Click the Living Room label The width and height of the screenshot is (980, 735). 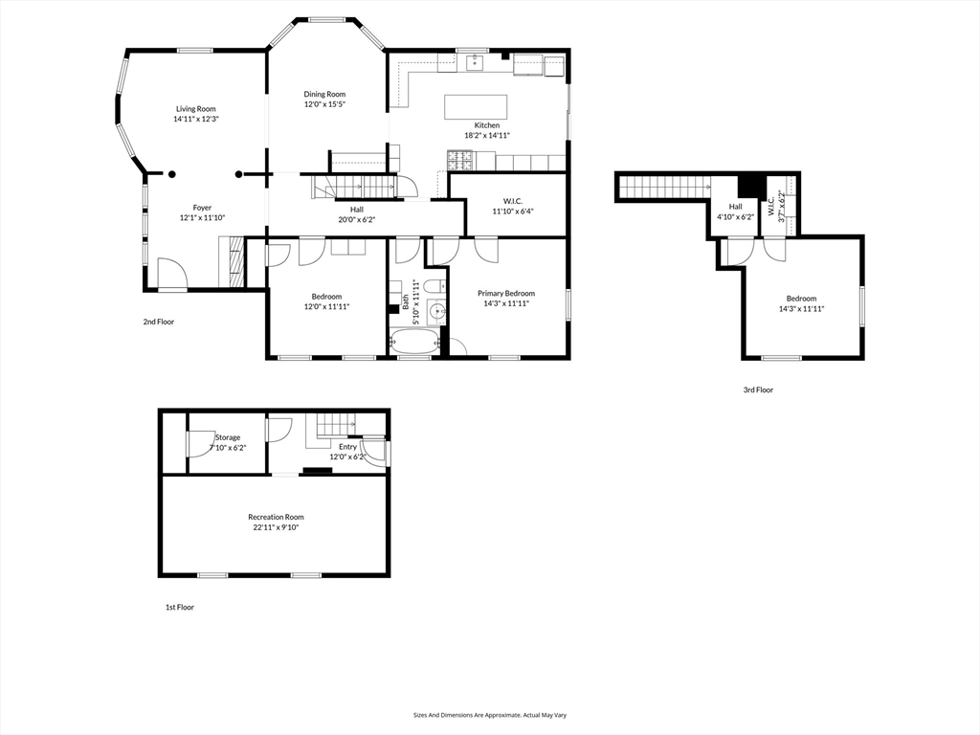[195, 109]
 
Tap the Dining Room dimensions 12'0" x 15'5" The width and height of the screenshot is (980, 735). [325, 104]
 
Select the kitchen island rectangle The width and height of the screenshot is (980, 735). [476, 107]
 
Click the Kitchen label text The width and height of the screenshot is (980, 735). [487, 125]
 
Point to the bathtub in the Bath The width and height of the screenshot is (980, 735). [414, 342]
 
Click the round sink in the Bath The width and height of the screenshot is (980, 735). [436, 310]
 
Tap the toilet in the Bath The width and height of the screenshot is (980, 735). [434, 286]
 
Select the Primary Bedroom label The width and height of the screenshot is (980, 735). [506, 293]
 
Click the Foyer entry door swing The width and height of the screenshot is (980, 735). [172, 273]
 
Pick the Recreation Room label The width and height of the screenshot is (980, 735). [277, 517]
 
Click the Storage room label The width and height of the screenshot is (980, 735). [228, 437]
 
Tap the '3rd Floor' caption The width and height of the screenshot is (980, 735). [758, 390]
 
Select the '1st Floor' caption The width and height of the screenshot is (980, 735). [179, 607]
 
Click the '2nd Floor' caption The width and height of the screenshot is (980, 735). [159, 322]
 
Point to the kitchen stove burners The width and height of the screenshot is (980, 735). [461, 161]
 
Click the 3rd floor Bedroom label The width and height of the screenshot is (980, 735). [801, 299]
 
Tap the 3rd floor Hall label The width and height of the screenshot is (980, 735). [736, 207]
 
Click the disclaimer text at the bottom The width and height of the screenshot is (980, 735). [490, 715]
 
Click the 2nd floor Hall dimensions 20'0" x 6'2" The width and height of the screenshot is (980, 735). [357, 219]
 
